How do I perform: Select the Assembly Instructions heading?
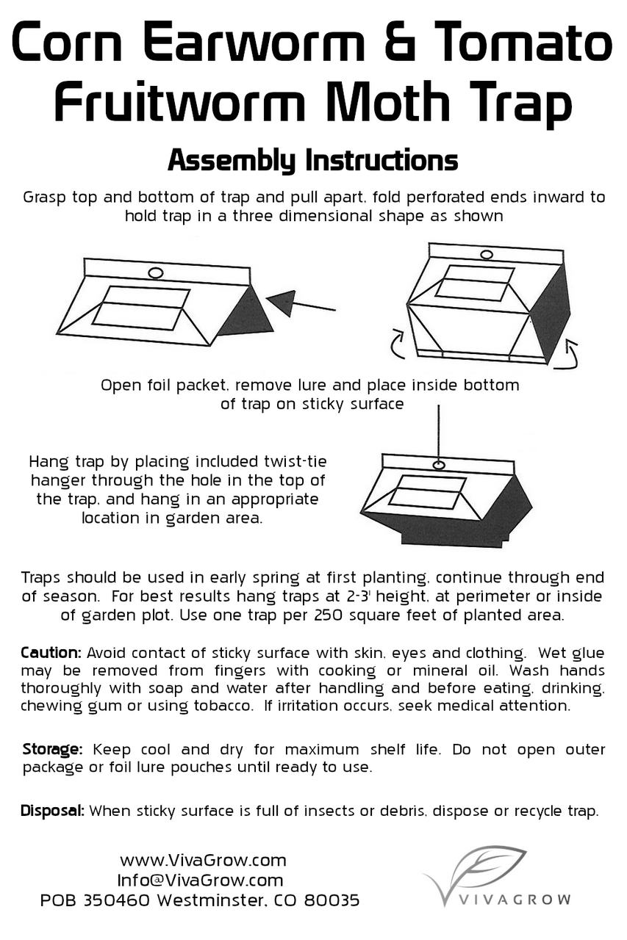point(312,160)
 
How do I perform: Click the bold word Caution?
point(51,653)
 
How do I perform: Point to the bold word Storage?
point(52,750)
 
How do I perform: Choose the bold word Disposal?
point(53,811)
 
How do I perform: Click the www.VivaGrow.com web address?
point(203,860)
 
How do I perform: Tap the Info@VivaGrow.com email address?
point(200,880)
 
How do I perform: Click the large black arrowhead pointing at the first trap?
point(282,301)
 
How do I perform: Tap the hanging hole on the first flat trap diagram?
point(155,273)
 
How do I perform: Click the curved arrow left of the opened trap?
point(396,344)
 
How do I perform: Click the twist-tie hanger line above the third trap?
point(439,433)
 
